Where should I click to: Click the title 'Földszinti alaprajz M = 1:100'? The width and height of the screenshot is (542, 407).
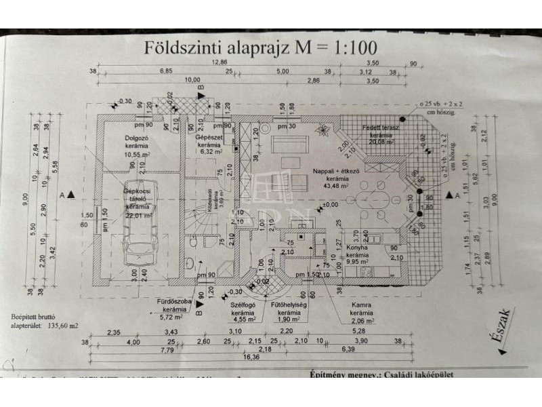coord(260,47)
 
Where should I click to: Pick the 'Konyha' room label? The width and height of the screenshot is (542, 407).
coord(356,248)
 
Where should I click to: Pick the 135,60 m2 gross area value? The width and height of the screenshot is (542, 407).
coord(60,325)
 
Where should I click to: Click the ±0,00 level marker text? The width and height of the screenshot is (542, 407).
coord(330,205)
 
